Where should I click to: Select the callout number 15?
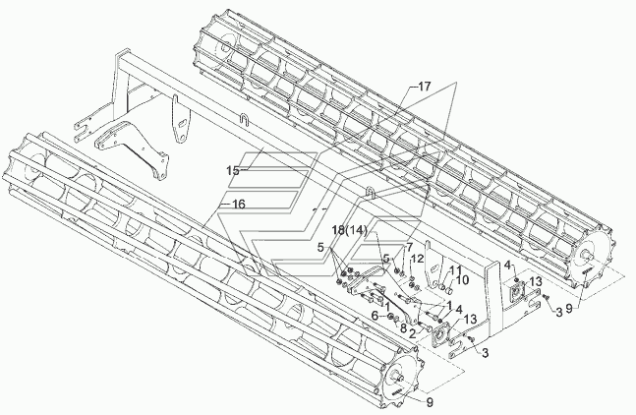click(233, 171)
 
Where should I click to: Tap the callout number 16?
click(239, 204)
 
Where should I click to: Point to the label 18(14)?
click(349, 230)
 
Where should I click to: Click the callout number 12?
click(418, 259)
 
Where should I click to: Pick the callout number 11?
click(455, 269)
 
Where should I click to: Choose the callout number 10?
click(462, 280)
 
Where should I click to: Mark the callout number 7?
click(409, 247)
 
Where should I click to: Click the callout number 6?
click(375, 316)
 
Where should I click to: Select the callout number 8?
click(403, 328)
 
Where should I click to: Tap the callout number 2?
click(412, 333)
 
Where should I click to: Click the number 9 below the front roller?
click(430, 402)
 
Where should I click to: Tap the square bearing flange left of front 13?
click(439, 335)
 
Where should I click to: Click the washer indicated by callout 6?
click(389, 317)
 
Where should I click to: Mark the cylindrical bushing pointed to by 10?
click(448, 290)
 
